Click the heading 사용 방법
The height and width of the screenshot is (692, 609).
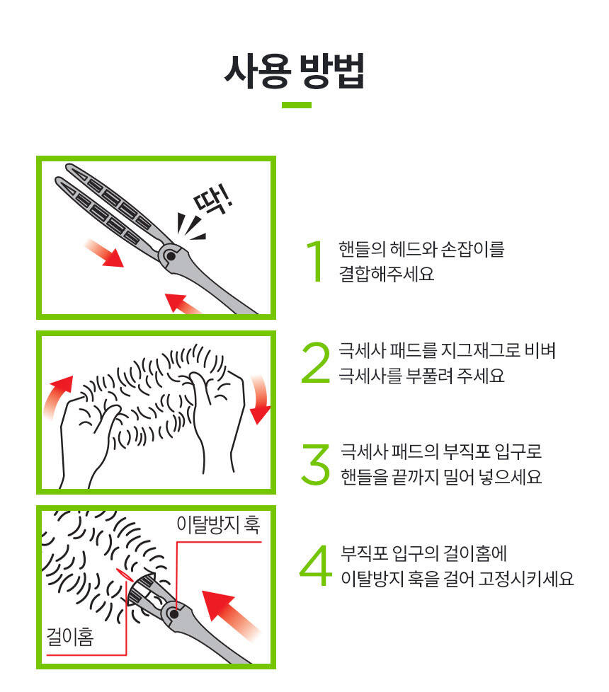coord(295,71)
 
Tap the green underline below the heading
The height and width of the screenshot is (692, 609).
coord(296,105)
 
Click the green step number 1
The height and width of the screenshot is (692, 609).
coord(315,261)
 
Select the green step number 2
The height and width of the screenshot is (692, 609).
coord(315,362)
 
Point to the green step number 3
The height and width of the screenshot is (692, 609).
coord(315,464)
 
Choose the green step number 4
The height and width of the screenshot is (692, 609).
coord(315,565)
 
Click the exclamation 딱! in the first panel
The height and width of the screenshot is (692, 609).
coord(212,200)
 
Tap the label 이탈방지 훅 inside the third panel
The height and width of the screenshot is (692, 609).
coord(218,524)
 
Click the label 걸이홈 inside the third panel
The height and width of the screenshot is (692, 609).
coord(70,637)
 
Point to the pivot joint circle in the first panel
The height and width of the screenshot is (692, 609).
coord(171,256)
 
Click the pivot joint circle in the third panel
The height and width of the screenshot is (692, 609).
coord(174,613)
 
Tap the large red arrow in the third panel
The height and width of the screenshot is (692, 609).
coord(230,614)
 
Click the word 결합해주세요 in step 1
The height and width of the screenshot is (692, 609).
coord(387,274)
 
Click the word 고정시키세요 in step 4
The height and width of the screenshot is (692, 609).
coord(526,579)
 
